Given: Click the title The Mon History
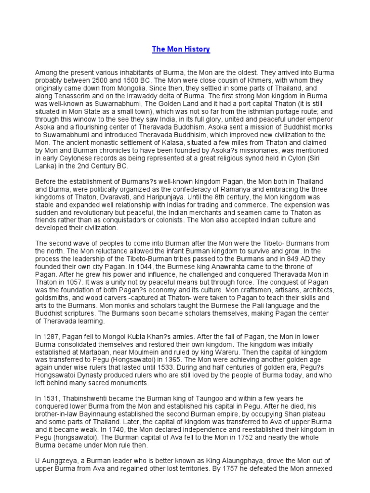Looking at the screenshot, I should coord(181,49).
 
